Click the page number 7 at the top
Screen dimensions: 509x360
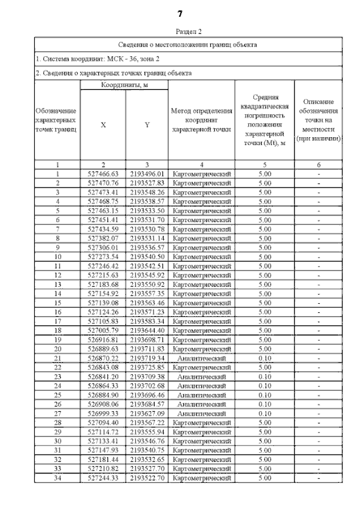(180, 13)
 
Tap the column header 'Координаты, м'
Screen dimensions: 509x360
(124, 84)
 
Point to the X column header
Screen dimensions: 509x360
(103, 125)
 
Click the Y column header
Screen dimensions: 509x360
(147, 125)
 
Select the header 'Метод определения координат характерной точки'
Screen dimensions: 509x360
(201, 120)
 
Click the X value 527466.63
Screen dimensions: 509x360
(103, 174)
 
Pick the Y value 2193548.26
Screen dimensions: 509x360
(147, 192)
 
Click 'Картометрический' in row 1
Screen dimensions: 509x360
(201, 174)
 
